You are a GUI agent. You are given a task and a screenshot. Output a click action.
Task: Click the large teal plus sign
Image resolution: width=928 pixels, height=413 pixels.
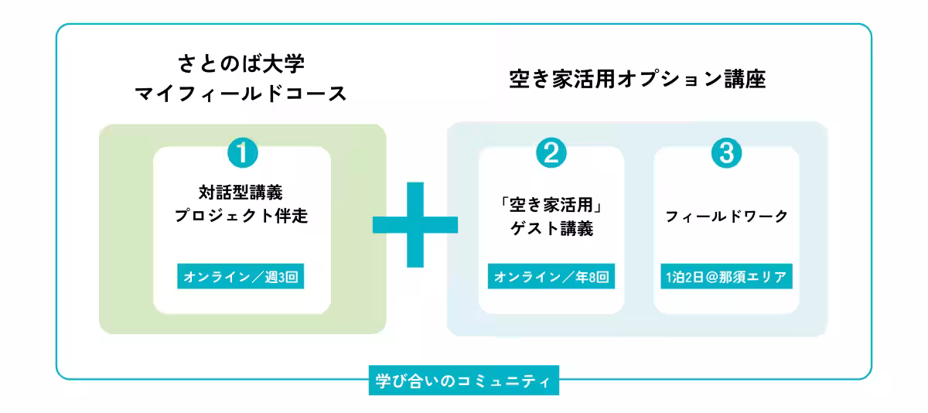click(x=415, y=224)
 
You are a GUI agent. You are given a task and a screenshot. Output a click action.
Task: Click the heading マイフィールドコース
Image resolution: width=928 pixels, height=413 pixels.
click(x=241, y=95)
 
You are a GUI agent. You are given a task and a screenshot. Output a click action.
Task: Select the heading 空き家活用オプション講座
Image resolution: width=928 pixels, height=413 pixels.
click(x=638, y=80)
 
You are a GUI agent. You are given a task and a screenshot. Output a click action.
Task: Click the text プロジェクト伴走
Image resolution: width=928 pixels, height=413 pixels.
click(x=241, y=217)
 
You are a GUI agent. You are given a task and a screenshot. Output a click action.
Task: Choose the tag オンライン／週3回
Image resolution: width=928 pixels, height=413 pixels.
click(x=241, y=276)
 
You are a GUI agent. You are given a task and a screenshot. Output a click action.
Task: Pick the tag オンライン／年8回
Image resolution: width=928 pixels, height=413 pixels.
click(x=551, y=276)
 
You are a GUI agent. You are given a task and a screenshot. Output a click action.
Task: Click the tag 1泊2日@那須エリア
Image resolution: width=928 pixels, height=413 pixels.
click(x=726, y=276)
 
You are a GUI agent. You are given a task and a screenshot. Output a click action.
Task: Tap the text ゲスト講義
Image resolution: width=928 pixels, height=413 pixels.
click(x=551, y=230)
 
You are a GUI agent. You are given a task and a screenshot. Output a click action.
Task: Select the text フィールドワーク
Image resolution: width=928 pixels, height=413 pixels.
click(x=726, y=217)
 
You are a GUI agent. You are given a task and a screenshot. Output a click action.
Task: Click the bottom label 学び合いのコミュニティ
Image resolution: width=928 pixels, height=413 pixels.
click(x=462, y=381)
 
